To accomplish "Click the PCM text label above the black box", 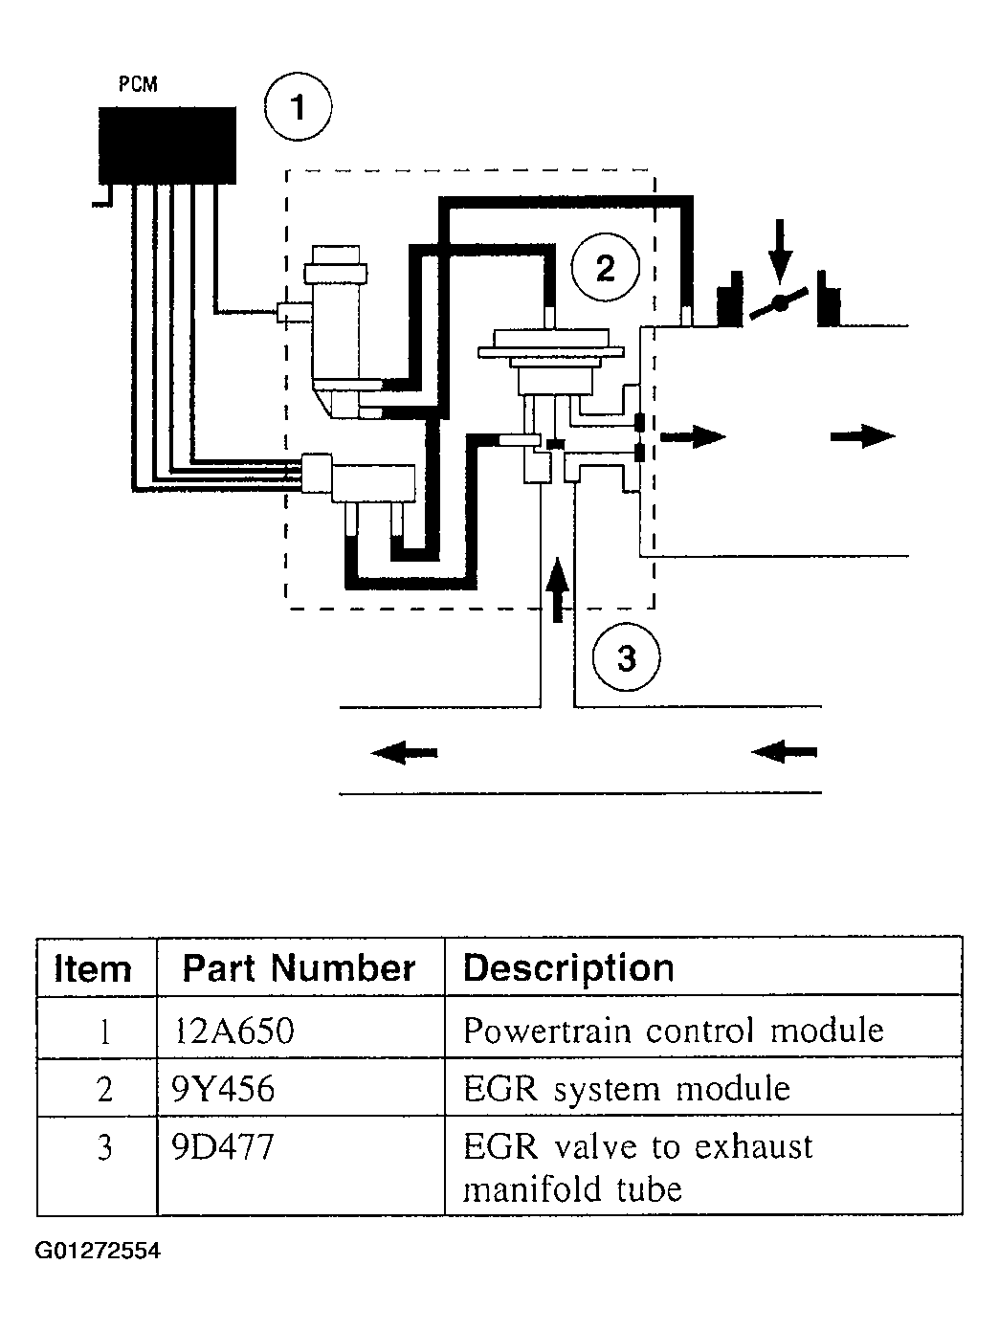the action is (x=138, y=83).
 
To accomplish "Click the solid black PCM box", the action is (x=167, y=145).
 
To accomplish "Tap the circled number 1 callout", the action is (x=299, y=107).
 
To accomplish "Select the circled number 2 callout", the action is (x=606, y=267).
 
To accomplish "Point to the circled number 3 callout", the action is (x=626, y=657).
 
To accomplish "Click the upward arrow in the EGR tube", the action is (x=558, y=589).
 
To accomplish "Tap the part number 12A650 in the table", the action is (x=234, y=1030).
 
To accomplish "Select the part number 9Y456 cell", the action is (x=223, y=1089).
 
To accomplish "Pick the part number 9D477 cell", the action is (x=223, y=1146).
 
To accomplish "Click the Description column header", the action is (x=568, y=968).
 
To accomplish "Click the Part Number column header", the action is (x=299, y=967).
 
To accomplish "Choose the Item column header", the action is (x=93, y=968).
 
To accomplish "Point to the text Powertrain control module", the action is (x=674, y=1030).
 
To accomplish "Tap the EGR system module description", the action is (x=627, y=1089).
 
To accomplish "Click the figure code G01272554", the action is (x=98, y=1251).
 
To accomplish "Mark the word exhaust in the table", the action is (x=753, y=1146).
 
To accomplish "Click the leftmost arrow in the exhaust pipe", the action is (x=404, y=752).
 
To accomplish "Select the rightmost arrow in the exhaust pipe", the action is (x=785, y=752).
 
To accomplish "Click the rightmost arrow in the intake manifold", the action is (x=862, y=436).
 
